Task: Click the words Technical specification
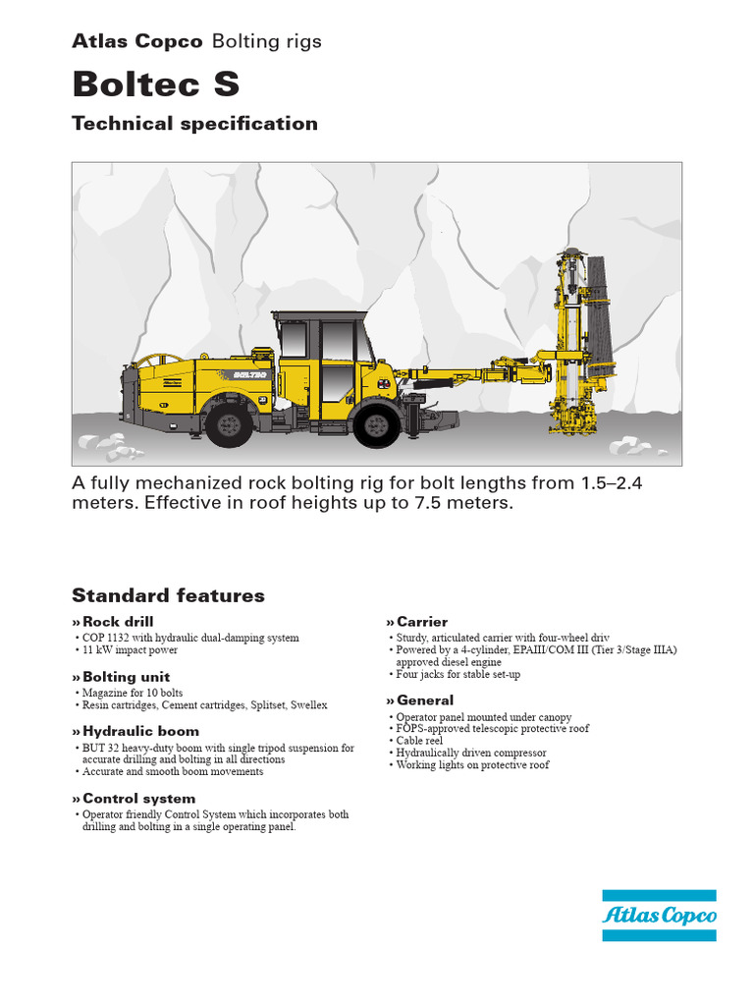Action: coord(194,124)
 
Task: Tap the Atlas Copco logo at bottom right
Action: coord(659,916)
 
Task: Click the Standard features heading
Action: coord(168,595)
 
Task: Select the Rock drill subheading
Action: coord(118,621)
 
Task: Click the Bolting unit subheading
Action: coord(126,676)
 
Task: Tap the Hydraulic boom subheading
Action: coord(140,731)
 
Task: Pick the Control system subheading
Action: coord(138,799)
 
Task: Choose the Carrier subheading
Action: coord(422,621)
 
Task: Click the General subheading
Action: coord(425,700)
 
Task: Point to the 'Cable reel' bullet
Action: coord(419,741)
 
